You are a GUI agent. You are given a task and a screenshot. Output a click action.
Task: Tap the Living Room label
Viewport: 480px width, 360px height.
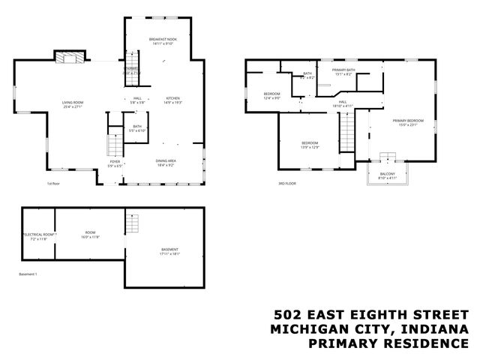pos(73,103)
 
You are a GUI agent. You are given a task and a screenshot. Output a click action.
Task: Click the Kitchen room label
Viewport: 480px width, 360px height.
pos(173,98)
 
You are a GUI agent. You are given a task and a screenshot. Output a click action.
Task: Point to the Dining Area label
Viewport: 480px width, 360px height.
pos(166,160)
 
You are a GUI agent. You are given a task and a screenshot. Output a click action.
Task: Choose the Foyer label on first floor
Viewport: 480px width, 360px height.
pos(115,161)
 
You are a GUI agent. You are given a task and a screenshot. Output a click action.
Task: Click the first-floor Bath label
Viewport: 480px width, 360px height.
pos(137,126)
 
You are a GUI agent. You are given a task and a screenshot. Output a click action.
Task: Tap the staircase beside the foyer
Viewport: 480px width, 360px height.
pos(115,142)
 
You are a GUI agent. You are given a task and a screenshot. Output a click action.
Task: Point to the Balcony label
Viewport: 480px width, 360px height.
pos(387,174)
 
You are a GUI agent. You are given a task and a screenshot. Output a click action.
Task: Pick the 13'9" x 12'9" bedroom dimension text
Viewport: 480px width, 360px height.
pos(310,147)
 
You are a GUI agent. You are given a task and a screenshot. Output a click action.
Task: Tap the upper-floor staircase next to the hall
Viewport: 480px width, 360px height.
pos(346,135)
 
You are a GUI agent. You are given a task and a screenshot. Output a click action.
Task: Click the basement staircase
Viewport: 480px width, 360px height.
pos(132,223)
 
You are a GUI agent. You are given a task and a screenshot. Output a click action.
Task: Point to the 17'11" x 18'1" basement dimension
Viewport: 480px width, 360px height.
pos(170,253)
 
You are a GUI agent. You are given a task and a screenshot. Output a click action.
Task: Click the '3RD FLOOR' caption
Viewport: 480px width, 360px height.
pos(287,184)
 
